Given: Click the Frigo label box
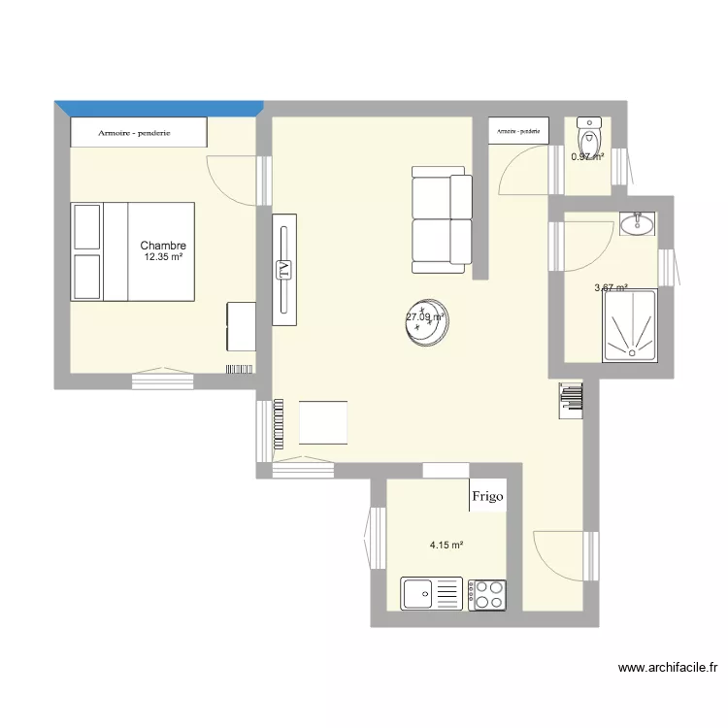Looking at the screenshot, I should pos(487,497).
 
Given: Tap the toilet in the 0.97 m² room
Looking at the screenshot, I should pos(589,131).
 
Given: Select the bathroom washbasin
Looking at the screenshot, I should pos(637,224).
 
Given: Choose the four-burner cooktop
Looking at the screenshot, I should pos(487,594).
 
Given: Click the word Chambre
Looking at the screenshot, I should pos(162,247).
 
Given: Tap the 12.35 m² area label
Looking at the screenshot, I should pos(163,258).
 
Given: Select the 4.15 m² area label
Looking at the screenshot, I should pos(447,546).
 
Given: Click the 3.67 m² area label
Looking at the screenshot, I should pos(611,287).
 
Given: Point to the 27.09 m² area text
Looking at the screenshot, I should pos(424,316).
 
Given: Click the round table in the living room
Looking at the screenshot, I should pos(427,322).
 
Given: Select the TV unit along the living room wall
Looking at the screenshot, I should pos(283,270).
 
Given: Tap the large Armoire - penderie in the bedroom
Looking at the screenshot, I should pos(139,132).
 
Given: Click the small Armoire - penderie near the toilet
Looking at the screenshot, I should pos(519,130).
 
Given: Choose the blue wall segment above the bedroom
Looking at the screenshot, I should pos(159,107).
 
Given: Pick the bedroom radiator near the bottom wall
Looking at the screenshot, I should pos(240,369).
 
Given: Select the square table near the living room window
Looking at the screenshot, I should pos(323,422).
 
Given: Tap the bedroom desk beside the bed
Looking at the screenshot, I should pos(241,326).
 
